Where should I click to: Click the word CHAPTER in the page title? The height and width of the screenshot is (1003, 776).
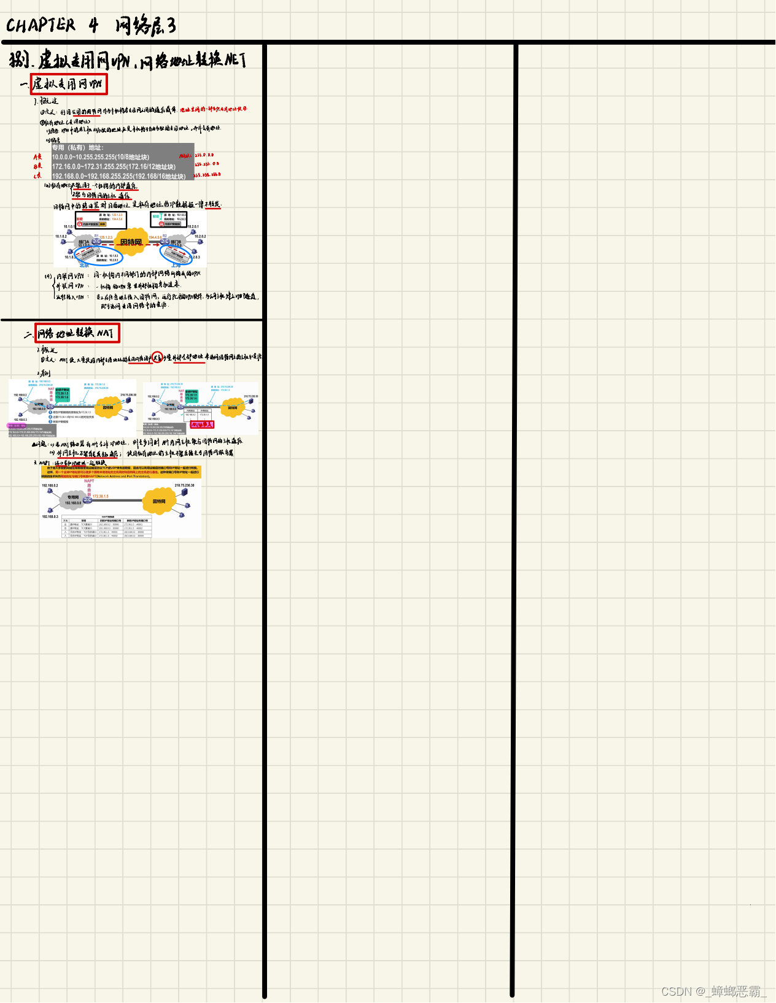tap(41, 25)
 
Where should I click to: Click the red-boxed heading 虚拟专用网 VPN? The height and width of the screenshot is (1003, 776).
tap(69, 84)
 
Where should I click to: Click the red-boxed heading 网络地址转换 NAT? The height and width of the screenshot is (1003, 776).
tap(77, 333)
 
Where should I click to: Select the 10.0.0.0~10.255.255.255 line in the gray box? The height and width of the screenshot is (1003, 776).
tap(101, 157)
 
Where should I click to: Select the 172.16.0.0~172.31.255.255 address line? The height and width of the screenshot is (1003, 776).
tap(114, 166)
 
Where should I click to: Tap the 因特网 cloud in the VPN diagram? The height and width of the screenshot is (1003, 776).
tap(131, 242)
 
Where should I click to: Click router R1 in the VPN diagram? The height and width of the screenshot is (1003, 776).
tap(96, 241)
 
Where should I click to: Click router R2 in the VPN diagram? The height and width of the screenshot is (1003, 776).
tap(165, 241)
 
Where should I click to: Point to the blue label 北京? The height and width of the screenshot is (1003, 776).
tap(84, 265)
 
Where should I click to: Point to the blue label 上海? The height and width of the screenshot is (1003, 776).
tap(176, 265)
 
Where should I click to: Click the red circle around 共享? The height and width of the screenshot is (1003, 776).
tap(157, 356)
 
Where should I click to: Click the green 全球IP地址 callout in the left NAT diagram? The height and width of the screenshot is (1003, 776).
tap(62, 394)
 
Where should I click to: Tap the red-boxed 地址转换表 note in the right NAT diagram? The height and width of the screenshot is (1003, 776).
tap(201, 425)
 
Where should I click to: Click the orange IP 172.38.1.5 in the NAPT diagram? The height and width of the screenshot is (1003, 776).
tap(101, 496)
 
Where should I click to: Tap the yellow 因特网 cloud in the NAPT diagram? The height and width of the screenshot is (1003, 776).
tap(159, 501)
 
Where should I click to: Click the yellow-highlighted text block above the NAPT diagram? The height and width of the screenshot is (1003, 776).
tap(121, 472)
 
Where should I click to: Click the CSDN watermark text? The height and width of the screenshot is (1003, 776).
tap(713, 991)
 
